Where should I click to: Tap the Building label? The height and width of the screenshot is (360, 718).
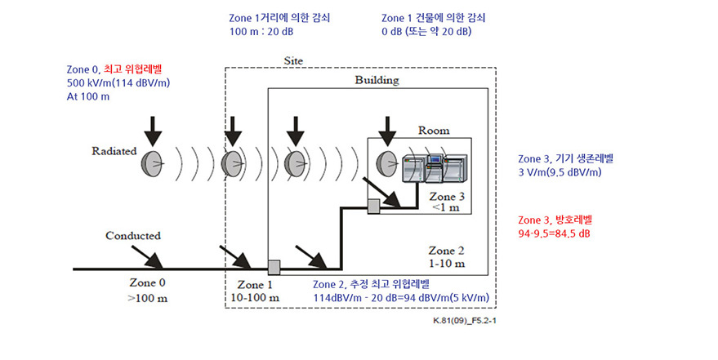(376, 81)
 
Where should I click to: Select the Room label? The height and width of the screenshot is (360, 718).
(433, 130)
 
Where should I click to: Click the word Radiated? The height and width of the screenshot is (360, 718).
(113, 151)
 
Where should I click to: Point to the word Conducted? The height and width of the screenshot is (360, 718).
(133, 235)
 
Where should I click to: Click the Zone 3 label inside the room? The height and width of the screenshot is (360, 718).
(447, 197)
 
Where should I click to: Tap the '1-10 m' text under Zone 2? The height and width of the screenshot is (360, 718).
(448, 263)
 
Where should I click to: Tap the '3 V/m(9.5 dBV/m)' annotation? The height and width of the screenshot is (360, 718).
(560, 171)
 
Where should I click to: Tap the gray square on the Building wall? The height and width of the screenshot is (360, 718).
(274, 267)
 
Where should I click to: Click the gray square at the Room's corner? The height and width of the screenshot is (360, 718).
(374, 207)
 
